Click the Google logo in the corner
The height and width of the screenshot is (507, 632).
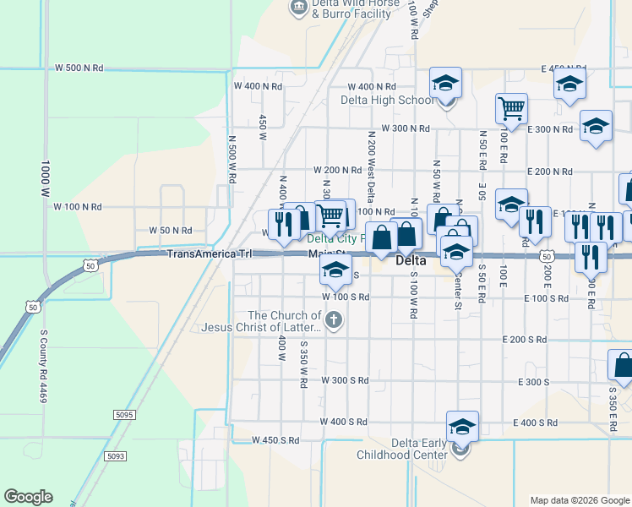click(28, 497)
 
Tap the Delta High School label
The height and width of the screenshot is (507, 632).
click(388, 101)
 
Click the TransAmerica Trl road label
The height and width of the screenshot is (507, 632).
click(210, 253)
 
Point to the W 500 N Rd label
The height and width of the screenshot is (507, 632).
click(79, 68)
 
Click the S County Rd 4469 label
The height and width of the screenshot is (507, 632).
click(41, 365)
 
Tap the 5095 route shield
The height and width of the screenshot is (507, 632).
click(123, 414)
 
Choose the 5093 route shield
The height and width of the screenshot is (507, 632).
click(116, 456)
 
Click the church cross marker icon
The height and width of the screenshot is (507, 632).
click(334, 319)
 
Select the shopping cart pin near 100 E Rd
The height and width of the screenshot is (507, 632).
click(511, 107)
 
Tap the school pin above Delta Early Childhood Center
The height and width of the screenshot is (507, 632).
click(461, 425)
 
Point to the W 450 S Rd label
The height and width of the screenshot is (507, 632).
click(276, 440)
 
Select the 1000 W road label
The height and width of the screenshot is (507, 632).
click(46, 179)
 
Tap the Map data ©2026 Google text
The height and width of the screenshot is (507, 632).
click(580, 500)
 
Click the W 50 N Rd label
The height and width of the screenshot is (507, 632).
click(171, 230)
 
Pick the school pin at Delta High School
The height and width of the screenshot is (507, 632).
click(444, 83)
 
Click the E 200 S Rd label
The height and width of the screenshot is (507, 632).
click(551, 339)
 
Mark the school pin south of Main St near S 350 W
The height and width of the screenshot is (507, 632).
click(335, 270)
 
